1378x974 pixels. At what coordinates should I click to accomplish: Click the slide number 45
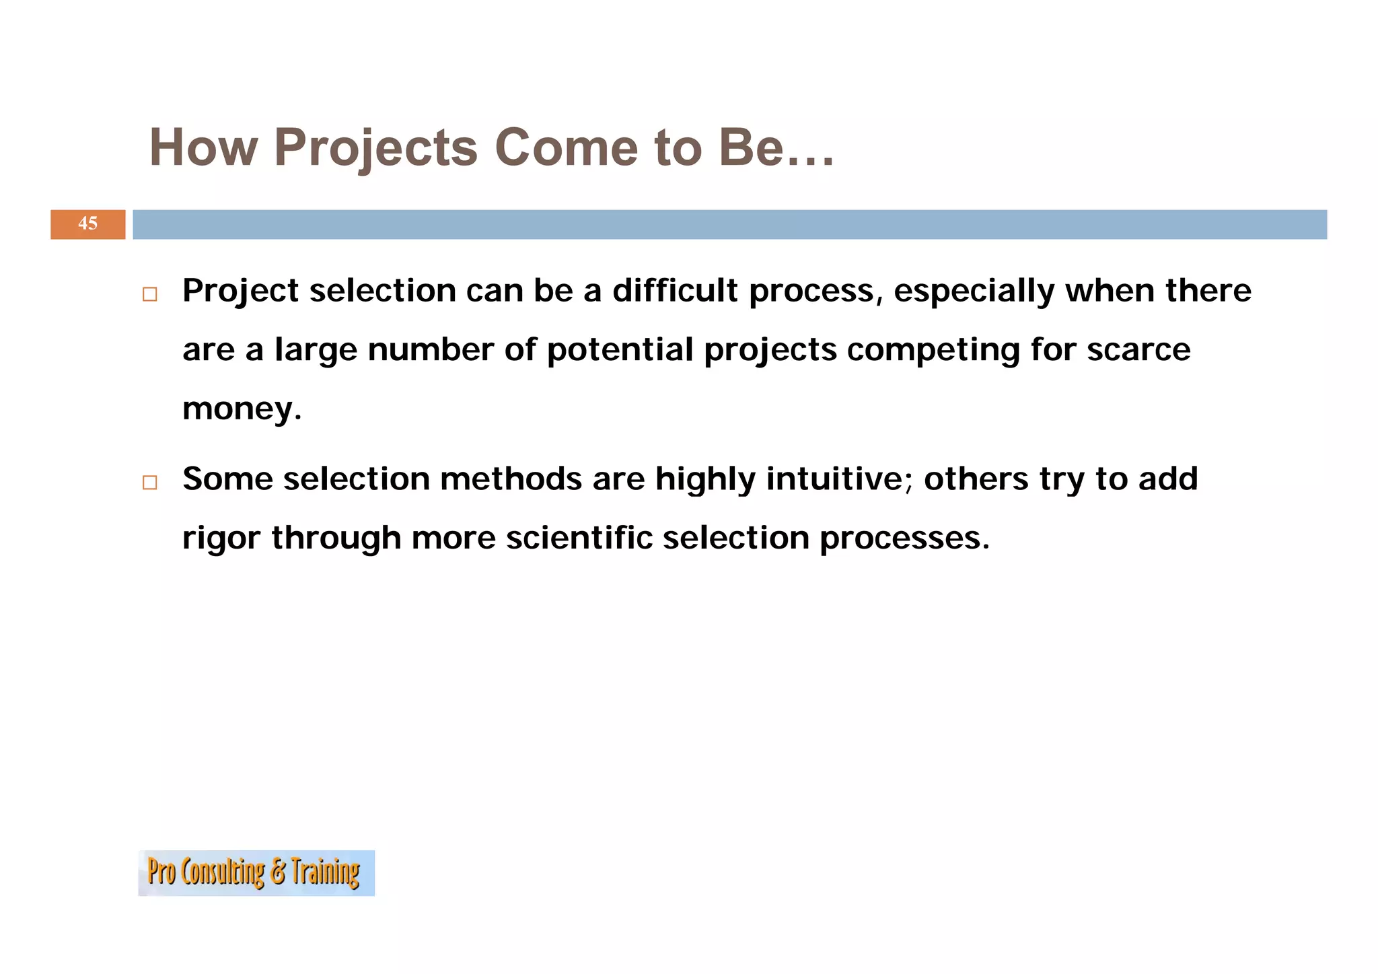87,223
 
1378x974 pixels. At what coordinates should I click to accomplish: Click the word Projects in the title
375,148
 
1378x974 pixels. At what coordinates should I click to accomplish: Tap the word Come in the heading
566,148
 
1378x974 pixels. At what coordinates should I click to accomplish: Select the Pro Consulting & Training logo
256,872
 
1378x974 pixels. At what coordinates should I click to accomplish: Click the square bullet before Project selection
149,295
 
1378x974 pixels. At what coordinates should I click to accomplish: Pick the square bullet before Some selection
149,483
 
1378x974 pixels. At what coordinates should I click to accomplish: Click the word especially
974,292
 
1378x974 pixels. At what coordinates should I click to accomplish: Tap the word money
241,409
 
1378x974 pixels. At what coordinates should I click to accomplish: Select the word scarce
1138,350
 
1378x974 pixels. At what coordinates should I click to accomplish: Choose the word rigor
221,539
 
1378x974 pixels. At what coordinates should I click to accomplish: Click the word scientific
579,538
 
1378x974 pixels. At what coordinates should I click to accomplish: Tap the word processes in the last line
904,539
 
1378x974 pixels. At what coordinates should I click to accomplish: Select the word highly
705,480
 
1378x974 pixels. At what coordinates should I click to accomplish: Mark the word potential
620,350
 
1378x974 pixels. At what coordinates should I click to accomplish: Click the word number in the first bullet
431,350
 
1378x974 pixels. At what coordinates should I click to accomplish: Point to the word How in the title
203,148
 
